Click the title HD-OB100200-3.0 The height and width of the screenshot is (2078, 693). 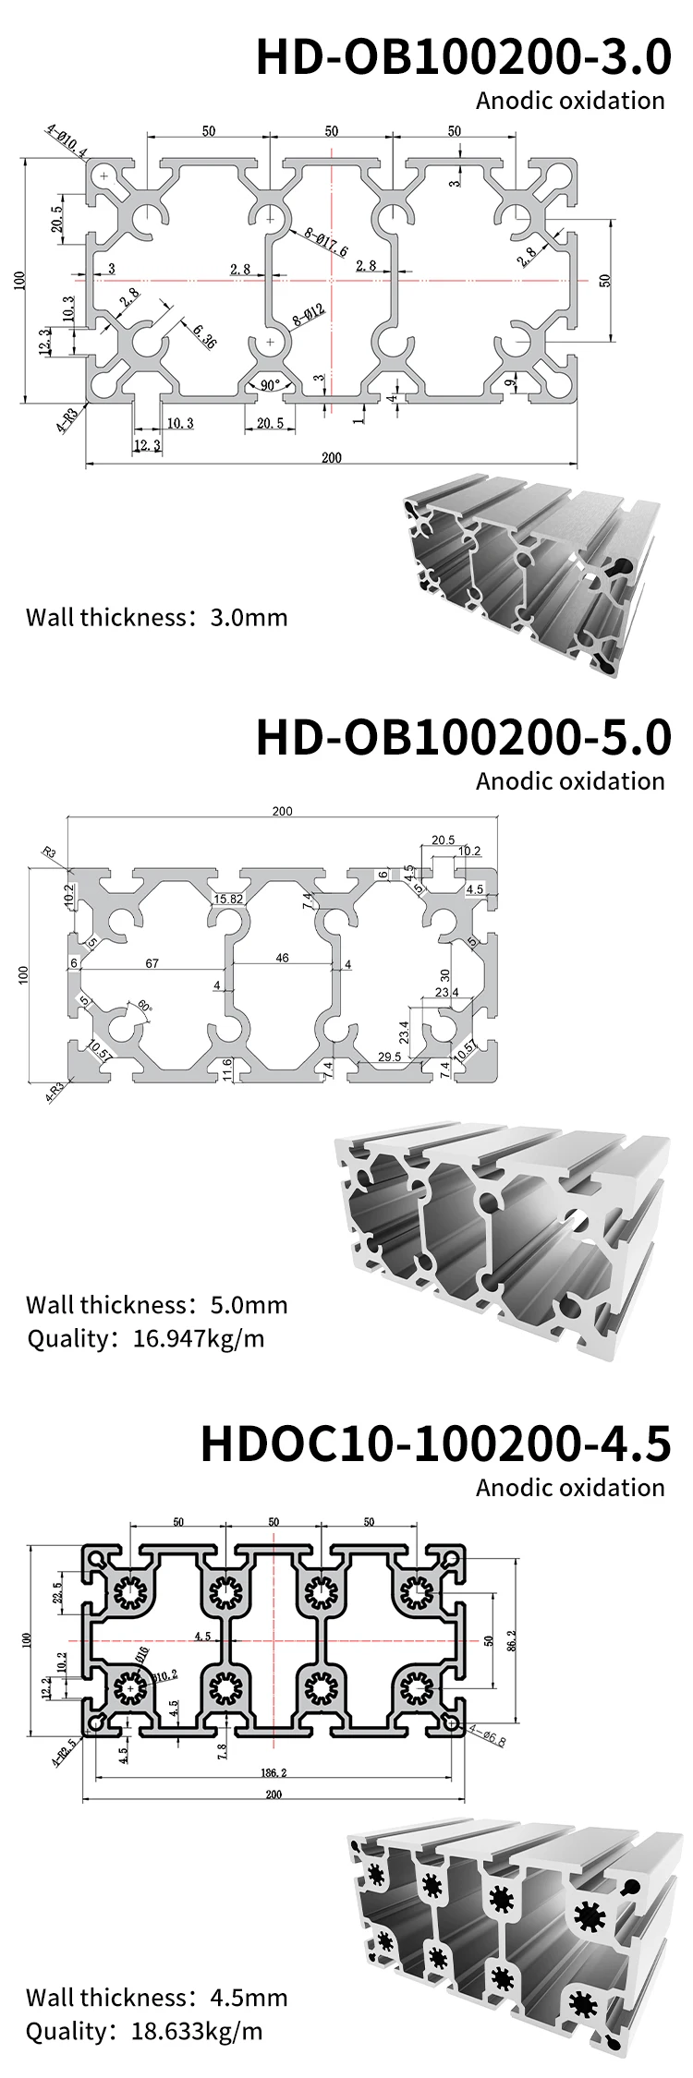pyautogui.click(x=463, y=57)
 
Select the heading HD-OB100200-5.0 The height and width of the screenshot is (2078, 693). pyautogui.click(x=463, y=737)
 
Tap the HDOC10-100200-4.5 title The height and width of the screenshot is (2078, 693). pyautogui.click(x=435, y=1444)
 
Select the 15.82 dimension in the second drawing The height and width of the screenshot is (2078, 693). pyautogui.click(x=228, y=899)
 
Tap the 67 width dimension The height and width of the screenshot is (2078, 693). pyautogui.click(x=152, y=963)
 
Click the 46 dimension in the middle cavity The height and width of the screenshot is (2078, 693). pyautogui.click(x=282, y=958)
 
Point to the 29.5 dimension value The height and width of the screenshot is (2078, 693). pyautogui.click(x=390, y=1057)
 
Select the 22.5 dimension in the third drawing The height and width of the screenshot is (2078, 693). pyautogui.click(x=57, y=1594)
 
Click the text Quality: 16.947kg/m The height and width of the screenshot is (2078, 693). pyautogui.click(x=145, y=1338)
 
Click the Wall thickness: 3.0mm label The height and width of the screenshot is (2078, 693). pyautogui.click(x=156, y=617)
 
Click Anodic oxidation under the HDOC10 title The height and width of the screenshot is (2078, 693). pyautogui.click(x=570, y=1488)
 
